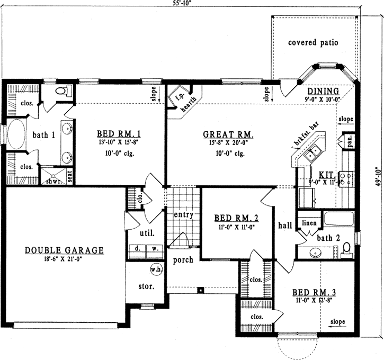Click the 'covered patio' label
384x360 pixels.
click(312, 42)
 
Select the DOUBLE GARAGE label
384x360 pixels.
click(64, 250)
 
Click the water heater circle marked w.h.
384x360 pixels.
click(156, 269)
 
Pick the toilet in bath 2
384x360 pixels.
click(347, 249)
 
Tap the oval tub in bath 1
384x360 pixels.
click(16, 136)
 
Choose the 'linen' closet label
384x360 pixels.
click(309, 223)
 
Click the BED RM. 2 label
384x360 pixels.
click(236, 218)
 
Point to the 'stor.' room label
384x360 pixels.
click(146, 286)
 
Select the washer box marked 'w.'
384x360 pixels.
click(155, 248)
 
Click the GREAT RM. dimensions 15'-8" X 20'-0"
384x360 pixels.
click(231, 143)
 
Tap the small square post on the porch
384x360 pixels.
click(201, 290)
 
